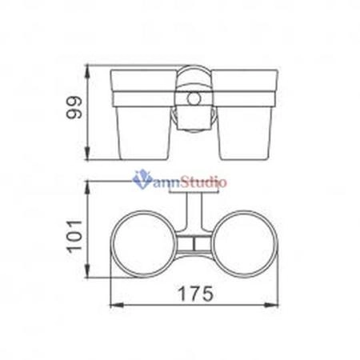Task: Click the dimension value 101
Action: [74, 236]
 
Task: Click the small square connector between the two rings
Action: [192, 242]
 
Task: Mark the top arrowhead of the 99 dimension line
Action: [90, 66]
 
